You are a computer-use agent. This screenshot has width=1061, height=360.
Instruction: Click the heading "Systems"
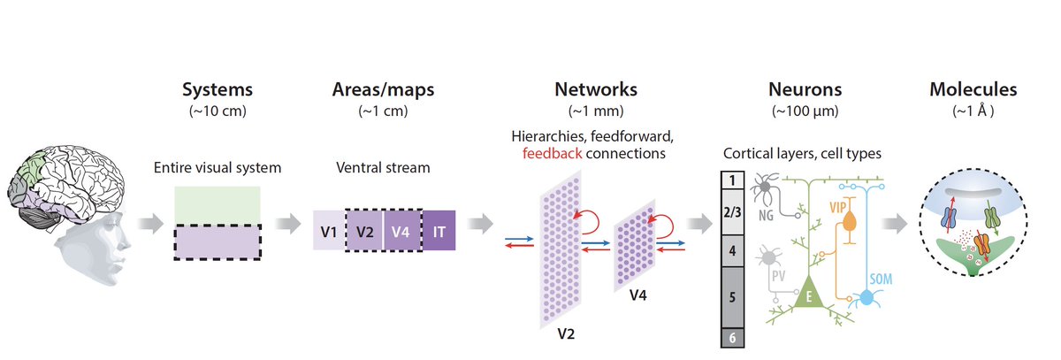(x=218, y=89)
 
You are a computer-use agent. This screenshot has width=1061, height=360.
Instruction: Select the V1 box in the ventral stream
(x=328, y=232)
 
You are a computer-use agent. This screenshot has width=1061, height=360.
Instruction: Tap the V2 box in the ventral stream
(x=363, y=232)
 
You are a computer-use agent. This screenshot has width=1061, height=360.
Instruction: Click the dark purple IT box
(x=439, y=232)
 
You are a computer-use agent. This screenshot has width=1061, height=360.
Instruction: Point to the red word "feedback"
(x=553, y=152)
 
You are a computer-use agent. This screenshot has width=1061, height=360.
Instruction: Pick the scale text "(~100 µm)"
(x=805, y=111)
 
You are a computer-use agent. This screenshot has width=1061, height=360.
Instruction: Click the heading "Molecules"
(x=973, y=89)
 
